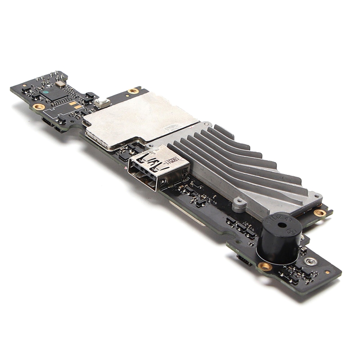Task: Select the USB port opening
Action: (x=143, y=173)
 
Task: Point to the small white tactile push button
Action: (x=103, y=103)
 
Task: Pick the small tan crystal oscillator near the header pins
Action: (x=61, y=84)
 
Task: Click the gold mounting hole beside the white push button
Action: (x=133, y=91)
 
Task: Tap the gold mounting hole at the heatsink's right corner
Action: (x=320, y=212)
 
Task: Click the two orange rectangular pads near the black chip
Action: (x=75, y=105)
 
